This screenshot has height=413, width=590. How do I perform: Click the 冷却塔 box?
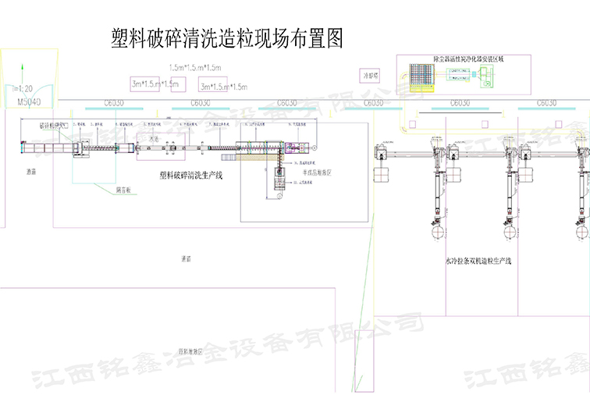click(369, 76)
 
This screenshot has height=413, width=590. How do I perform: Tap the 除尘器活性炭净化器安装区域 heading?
click(457, 59)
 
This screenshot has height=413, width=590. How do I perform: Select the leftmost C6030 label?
click(113, 103)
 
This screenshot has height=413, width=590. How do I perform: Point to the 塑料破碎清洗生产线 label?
click(190, 176)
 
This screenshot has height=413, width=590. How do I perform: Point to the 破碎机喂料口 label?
click(55, 124)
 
